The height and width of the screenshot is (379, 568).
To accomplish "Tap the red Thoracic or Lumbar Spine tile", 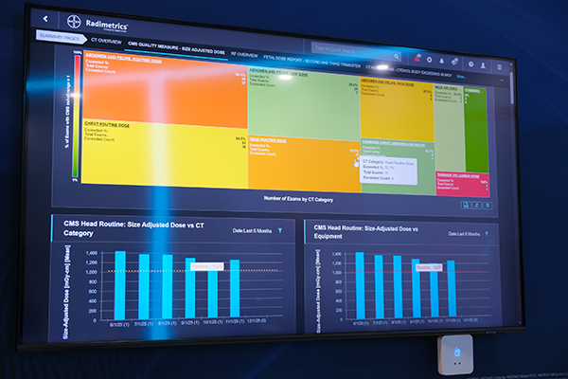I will point(461,181).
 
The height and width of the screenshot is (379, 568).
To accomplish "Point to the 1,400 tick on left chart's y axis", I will point(93,254).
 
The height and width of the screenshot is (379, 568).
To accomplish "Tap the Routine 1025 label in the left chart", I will point(205,267).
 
